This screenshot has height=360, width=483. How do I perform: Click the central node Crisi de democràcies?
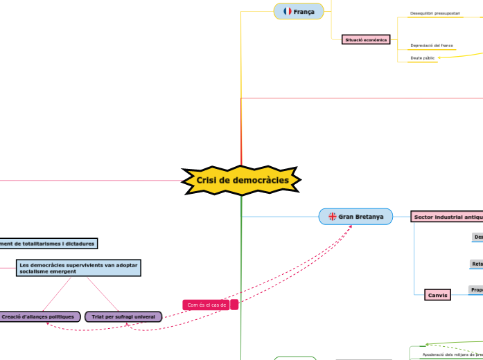pos(241,181)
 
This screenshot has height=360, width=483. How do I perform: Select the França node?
pos(299,12)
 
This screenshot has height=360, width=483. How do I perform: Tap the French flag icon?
pos(287,12)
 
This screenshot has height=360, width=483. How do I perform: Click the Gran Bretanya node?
pos(355,217)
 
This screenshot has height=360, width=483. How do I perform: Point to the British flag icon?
pos(333,217)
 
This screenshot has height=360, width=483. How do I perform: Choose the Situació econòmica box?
pos(365,39)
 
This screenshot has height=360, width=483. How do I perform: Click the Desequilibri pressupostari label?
pos(434,13)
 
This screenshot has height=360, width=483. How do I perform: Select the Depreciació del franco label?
pos(432,46)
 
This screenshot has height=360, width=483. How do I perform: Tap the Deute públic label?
pos(423,58)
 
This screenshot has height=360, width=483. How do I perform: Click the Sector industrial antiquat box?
pos(447,217)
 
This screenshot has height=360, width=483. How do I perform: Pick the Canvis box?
pos(437,295)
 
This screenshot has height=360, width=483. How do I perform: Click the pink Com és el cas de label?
pos(207,305)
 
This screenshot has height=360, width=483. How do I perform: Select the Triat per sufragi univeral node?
pos(123,316)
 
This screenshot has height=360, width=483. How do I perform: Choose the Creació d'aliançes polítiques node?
pos(38,316)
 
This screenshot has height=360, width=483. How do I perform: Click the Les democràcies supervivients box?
pos(78,268)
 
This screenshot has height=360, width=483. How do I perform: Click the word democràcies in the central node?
pos(267,181)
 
